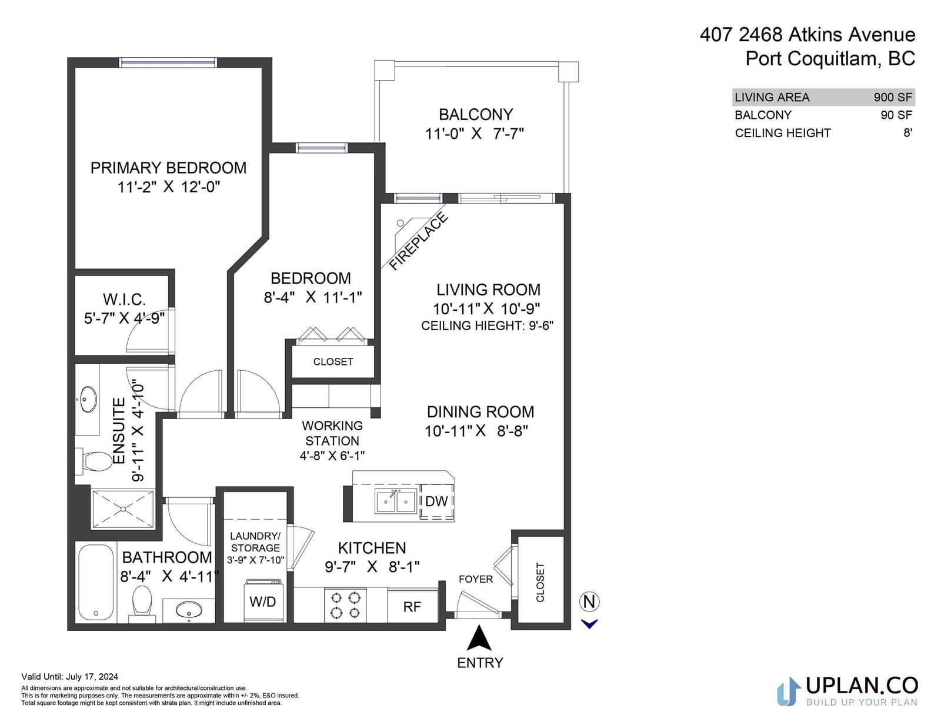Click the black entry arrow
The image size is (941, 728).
click(479, 639)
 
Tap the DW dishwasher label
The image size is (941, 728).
click(436, 501)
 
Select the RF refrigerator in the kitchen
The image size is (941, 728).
click(412, 607)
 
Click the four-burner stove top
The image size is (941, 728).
click(346, 606)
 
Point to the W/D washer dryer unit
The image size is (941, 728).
click(263, 601)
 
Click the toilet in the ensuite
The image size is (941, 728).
click(93, 461)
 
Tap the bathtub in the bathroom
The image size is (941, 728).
click(96, 582)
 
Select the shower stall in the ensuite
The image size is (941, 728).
click(123, 509)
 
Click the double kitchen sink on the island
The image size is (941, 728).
click(396, 501)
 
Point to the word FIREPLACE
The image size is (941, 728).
click(418, 242)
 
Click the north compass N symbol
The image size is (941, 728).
click(589, 602)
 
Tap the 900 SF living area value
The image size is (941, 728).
click(893, 97)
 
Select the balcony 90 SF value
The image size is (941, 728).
click(896, 115)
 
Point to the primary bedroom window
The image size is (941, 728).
click(168, 63)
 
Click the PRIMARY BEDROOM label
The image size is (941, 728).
click(168, 168)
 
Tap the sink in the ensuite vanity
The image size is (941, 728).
click(89, 398)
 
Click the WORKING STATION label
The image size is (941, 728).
click(332, 433)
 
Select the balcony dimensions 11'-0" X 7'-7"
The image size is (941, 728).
click(475, 134)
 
